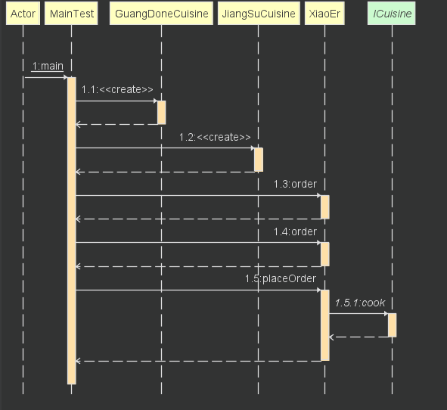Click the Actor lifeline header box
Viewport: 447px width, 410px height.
tap(23, 14)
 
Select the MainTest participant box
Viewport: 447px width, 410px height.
tap(71, 14)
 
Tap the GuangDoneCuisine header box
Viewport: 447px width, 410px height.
tap(161, 14)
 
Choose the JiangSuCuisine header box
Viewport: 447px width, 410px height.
tap(259, 14)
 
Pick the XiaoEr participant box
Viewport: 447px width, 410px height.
tap(324, 14)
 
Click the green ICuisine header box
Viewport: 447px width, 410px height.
tap(392, 14)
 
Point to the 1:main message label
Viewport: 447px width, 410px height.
tap(48, 66)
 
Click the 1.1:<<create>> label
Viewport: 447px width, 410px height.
tap(117, 89)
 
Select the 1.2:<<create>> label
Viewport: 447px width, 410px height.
tap(215, 137)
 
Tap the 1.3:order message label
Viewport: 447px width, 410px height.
tap(295, 184)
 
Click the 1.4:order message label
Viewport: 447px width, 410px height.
tap(295, 231)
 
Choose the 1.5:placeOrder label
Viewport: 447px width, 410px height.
tap(281, 278)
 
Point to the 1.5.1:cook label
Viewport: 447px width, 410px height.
tap(360, 303)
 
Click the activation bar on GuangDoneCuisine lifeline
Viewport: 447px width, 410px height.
tap(161, 113)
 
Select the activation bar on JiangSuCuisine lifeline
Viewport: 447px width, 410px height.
tap(259, 160)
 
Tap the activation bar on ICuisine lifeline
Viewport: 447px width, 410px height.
tap(392, 325)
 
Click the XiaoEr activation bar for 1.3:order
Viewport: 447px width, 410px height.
tap(325, 207)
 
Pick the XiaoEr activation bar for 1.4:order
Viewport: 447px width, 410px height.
tap(325, 254)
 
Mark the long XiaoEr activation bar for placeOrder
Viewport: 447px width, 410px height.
tap(325, 325)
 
